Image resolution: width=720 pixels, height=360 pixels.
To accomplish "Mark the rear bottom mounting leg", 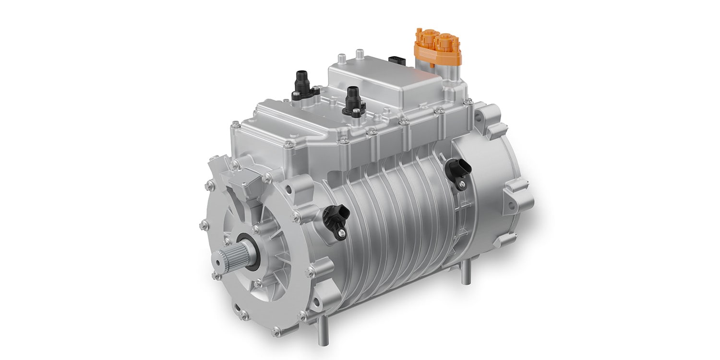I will coord(465,274).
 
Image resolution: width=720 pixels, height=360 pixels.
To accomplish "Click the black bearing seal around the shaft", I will coord(252,250).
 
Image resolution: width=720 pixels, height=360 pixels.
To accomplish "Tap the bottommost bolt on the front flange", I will coord(276,331).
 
